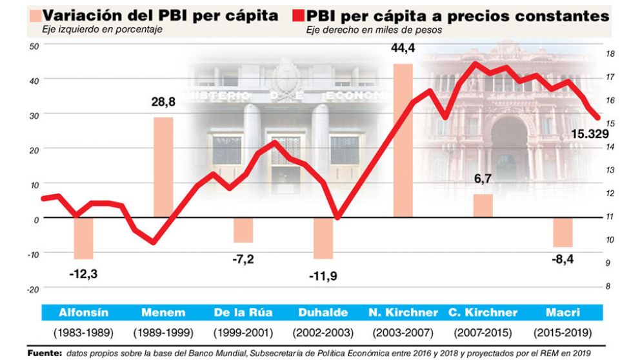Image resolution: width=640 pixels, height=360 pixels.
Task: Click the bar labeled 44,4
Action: click(403, 141)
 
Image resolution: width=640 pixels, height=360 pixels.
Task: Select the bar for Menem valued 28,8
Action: click(163, 167)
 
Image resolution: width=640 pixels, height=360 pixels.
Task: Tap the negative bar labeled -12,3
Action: click(83, 238)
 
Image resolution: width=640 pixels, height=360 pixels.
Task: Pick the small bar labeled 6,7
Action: click(483, 205)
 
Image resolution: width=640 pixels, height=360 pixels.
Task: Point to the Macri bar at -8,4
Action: click(563, 232)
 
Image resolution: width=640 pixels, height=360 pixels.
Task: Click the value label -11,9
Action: click(323, 276)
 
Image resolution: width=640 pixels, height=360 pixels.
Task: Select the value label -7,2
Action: click(243, 259)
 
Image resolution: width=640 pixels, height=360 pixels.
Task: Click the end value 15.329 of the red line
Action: click(590, 134)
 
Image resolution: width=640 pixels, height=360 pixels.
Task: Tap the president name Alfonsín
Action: click(83, 313)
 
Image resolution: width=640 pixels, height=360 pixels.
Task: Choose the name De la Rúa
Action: click(243, 313)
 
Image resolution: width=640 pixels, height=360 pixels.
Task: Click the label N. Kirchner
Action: click(403, 313)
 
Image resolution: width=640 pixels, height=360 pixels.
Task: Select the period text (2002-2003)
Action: click(323, 334)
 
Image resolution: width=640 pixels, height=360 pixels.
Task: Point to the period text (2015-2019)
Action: click(562, 334)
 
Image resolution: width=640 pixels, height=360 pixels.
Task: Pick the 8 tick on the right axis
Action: click(607, 286)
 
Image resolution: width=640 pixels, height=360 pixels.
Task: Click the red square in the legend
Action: click(297, 15)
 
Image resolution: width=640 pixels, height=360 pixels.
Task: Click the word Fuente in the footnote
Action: click(43, 353)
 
